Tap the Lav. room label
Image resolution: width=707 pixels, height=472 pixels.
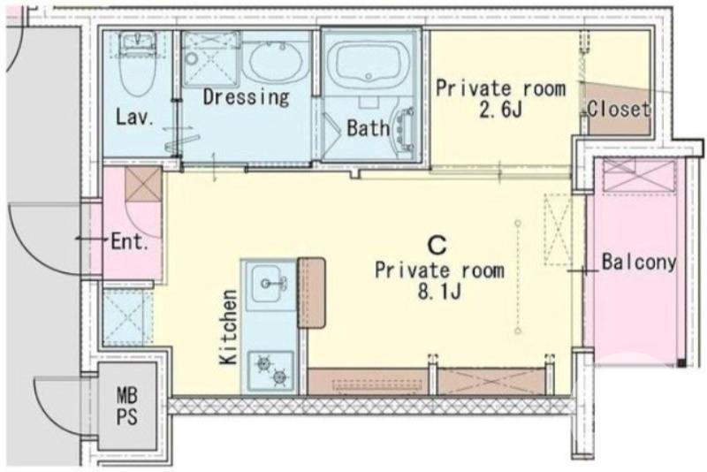coord(135,118)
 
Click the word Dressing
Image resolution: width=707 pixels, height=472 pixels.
coord(247,97)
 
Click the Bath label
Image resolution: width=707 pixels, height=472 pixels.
coord(369,128)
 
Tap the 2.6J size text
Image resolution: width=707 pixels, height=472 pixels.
coord(500,110)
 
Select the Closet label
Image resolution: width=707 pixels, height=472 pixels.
coord(619,109)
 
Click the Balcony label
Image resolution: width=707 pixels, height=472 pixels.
coord(639,262)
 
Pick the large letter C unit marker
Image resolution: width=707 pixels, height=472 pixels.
coord(437,246)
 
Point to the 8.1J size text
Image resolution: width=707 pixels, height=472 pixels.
coord(439,293)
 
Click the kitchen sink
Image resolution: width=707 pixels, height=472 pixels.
coord(270,285)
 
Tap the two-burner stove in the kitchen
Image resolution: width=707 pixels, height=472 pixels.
coord(271,370)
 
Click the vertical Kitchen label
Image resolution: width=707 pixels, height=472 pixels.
coord(228,327)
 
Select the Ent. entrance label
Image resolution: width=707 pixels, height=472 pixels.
coord(130,242)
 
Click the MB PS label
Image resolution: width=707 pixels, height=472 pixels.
coord(126,406)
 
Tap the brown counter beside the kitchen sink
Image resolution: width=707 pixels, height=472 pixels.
coord(311,293)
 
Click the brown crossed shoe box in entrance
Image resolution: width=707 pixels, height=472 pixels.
coord(143,185)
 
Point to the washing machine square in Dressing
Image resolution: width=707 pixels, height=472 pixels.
coord(211,58)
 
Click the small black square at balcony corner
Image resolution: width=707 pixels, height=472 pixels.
coord(681,363)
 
